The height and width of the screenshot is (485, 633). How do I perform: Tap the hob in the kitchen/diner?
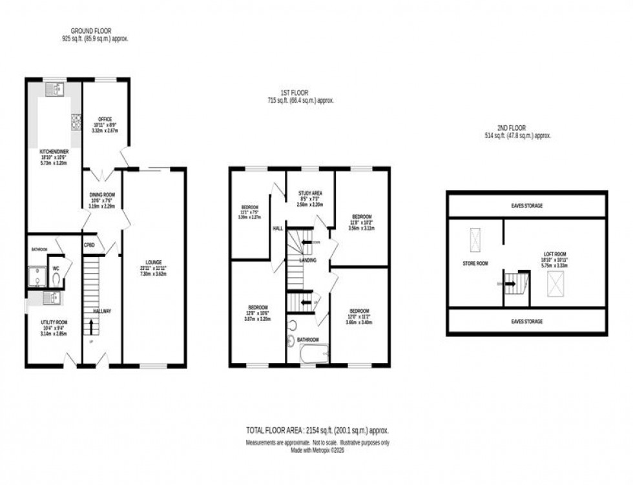tap(75, 121)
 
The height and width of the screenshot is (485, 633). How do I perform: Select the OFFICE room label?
tap(105, 119)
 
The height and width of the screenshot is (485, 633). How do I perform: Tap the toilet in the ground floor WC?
tap(57, 278)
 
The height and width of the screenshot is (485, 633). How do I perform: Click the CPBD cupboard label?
tap(89, 245)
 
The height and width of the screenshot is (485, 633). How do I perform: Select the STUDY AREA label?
tap(309, 193)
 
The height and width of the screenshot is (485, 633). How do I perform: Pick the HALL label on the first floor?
tap(278, 228)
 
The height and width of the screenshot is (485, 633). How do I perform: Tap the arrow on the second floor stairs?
tap(512, 283)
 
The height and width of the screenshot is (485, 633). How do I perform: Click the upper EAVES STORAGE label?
tap(527, 205)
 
